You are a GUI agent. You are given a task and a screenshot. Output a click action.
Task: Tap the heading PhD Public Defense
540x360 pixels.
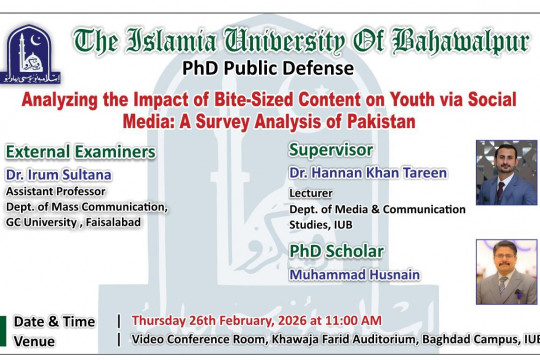pyautogui.click(x=267, y=69)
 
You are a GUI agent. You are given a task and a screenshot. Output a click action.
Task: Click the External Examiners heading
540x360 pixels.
pyautogui.click(x=81, y=152)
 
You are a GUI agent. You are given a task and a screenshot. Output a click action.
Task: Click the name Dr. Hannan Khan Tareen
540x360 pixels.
pyautogui.click(x=367, y=173)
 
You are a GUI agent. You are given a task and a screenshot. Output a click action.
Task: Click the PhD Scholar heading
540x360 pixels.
pyautogui.click(x=337, y=251)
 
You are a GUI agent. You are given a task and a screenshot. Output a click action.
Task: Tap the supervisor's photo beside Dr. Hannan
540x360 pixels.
pyautogui.click(x=506, y=172)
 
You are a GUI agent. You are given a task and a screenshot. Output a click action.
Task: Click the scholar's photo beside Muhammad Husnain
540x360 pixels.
pyautogui.click(x=506, y=271)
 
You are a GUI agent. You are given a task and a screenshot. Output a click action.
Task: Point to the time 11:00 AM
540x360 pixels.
pyautogui.click(x=352, y=320)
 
